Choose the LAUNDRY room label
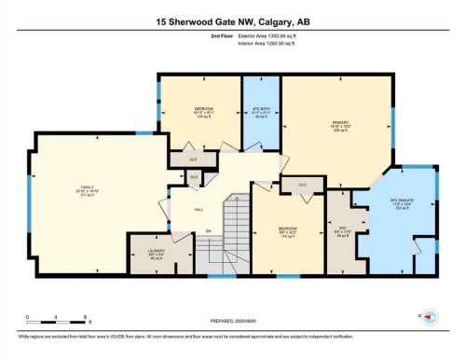pos(147,249)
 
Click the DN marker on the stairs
pos(209,228)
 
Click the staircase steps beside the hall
pos(236,233)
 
